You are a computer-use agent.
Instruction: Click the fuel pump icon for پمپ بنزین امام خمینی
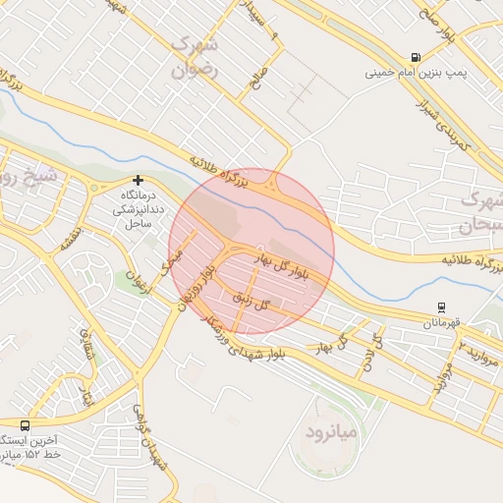tap(418, 58)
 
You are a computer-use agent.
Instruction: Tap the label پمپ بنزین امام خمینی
tap(416, 73)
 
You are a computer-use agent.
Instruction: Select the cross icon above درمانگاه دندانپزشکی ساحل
tap(138, 181)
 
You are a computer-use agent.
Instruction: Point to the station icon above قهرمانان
tap(441, 307)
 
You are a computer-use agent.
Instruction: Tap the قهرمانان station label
tap(441, 321)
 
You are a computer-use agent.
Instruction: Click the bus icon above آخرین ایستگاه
tap(24, 426)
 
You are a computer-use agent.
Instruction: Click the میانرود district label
tap(333, 431)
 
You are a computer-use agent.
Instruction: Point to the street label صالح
tap(257, 76)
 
